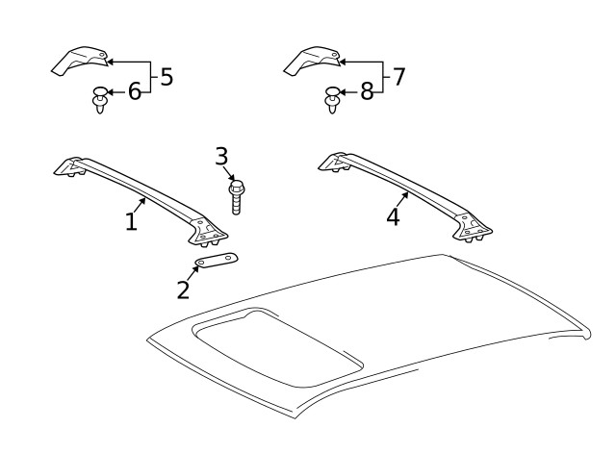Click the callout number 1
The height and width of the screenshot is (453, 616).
coord(132,221)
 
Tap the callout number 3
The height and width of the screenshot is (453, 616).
coord(221,156)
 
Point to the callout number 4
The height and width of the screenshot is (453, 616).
coord(393,216)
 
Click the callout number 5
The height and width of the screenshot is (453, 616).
coord(166,77)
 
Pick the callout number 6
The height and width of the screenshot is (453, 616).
coord(134,92)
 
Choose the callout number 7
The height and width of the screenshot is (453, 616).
coord(398,77)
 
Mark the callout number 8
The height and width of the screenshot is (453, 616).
coord(367,92)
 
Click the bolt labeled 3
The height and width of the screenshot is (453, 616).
coord(236,197)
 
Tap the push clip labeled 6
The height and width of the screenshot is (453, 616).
coord(99,99)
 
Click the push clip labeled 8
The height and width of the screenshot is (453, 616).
coord(332,99)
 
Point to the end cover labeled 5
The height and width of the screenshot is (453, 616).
coord(80,63)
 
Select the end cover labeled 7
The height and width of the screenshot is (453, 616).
coord(313,63)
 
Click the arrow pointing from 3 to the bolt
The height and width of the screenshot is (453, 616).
coord(228,172)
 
